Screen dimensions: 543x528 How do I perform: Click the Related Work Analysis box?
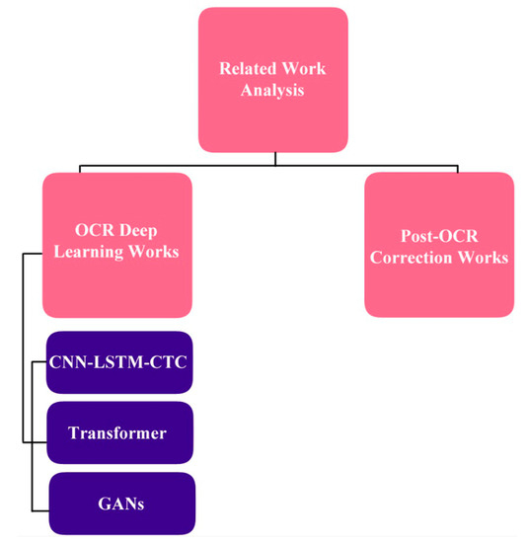coord(271,78)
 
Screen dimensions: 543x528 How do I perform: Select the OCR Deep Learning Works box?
coord(117,243)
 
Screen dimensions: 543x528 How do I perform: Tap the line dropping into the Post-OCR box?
coord(439,167)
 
